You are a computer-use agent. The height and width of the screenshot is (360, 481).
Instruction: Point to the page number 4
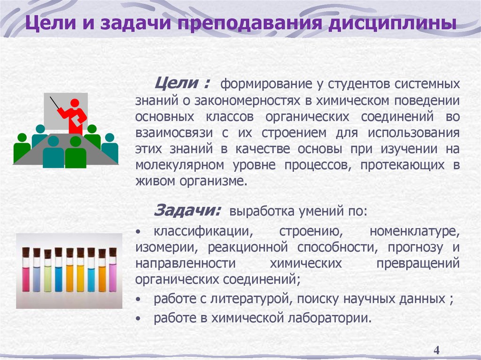pos(436,351)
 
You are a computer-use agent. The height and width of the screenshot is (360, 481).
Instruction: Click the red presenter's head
pos(74,102)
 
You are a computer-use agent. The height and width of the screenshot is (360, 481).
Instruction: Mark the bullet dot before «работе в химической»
pos(138,318)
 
